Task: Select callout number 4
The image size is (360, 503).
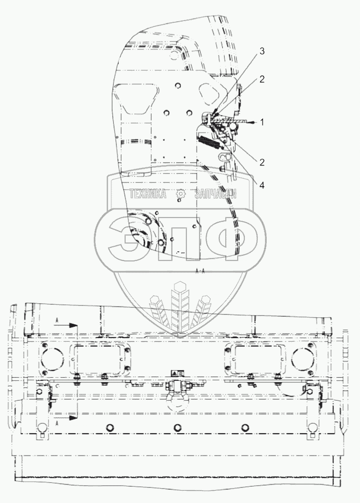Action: (261, 185)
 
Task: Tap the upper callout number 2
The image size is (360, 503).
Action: (262, 80)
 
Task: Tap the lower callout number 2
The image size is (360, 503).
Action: (262, 162)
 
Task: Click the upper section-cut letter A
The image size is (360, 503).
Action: (57, 319)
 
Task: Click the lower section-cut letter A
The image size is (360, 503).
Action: (57, 423)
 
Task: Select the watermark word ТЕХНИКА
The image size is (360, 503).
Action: (148, 194)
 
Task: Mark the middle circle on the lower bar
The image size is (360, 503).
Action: (178, 427)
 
